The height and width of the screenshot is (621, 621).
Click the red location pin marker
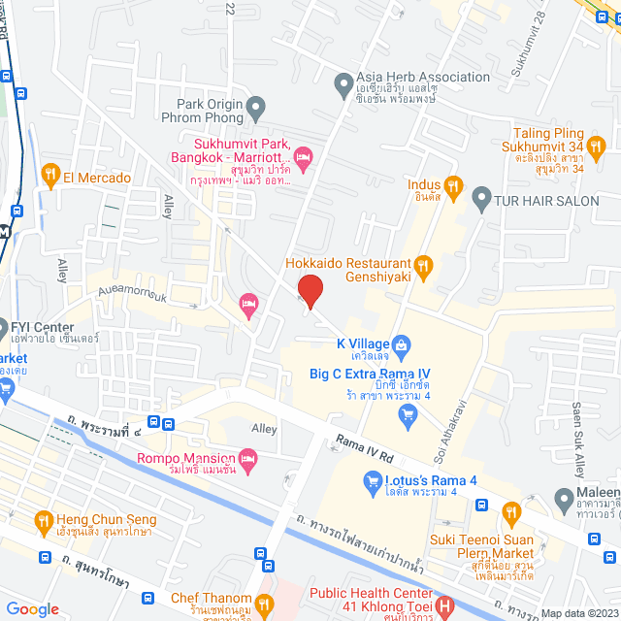click(310, 290)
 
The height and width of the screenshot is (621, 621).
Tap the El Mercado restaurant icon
click(50, 177)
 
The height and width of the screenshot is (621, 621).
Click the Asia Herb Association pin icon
click(343, 85)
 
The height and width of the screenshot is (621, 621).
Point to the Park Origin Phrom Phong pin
click(256, 106)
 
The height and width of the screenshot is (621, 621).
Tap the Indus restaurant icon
click(452, 184)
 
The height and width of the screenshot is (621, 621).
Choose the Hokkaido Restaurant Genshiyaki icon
click(421, 264)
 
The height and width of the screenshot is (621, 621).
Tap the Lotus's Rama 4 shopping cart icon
click(371, 480)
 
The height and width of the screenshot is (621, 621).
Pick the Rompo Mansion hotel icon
click(247, 458)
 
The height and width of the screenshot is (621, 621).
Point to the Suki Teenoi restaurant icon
click(511, 513)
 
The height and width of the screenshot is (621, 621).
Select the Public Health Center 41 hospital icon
click(443, 605)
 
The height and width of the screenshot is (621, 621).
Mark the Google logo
click(32, 608)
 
